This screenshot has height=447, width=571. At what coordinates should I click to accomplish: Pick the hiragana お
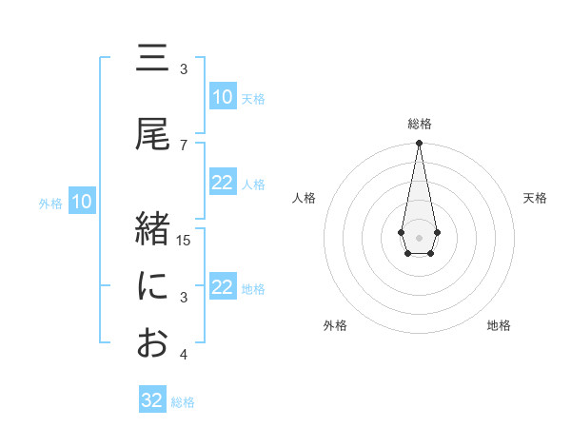pyautogui.click(x=152, y=343)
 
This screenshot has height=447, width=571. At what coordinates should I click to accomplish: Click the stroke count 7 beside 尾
pyautogui.click(x=184, y=145)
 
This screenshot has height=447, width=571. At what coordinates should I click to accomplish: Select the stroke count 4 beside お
pyautogui.click(x=184, y=355)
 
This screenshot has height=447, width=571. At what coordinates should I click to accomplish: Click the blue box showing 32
pyautogui.click(x=152, y=400)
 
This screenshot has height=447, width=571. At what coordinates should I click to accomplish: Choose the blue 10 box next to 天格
pyautogui.click(x=223, y=97)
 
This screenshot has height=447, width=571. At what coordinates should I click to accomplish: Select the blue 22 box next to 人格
pyautogui.click(x=223, y=183)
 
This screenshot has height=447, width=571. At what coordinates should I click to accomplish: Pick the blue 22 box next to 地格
pyautogui.click(x=223, y=287)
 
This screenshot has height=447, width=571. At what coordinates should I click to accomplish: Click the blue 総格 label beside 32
pyautogui.click(x=183, y=402)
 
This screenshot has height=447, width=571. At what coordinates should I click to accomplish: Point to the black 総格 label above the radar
pyautogui.click(x=419, y=124)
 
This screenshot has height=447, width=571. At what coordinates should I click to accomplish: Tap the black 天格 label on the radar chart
pyautogui.click(x=535, y=198)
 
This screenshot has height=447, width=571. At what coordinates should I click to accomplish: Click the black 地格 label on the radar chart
pyautogui.click(x=499, y=325)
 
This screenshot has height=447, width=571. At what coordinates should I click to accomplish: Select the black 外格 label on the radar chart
pyautogui.click(x=335, y=325)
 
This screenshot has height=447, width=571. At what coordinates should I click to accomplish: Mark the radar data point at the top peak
pyautogui.click(x=419, y=144)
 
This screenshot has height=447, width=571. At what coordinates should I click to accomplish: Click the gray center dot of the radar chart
pyautogui.click(x=419, y=236)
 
